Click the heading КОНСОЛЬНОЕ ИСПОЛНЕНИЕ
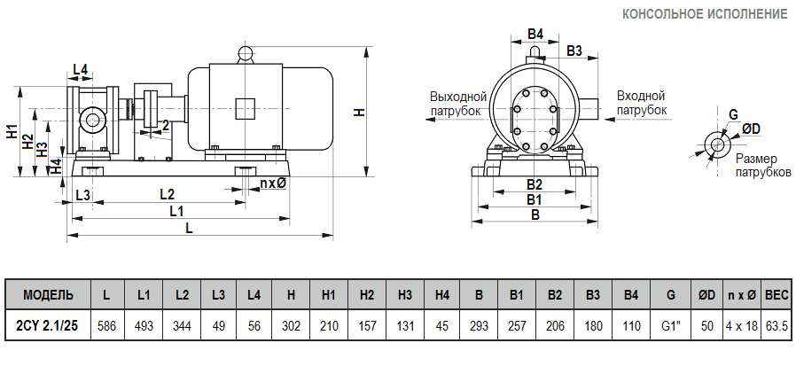705,14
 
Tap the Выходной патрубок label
458,103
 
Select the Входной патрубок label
641,103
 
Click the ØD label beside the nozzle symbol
750,129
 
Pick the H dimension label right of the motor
359,112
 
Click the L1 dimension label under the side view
176,211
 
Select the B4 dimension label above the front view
535,34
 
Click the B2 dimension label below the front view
534,184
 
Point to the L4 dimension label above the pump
80,69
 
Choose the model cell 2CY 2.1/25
48,325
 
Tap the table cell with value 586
106,325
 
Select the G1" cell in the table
670,325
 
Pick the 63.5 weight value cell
776,325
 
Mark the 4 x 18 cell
741,325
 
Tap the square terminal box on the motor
246,108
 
